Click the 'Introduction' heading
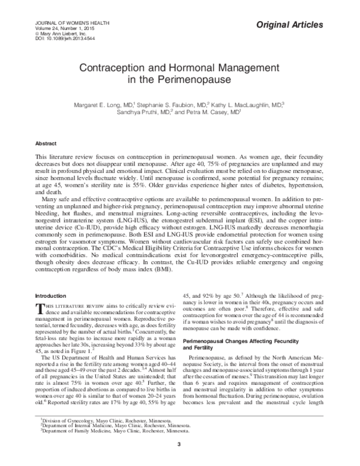coord(51,295)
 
